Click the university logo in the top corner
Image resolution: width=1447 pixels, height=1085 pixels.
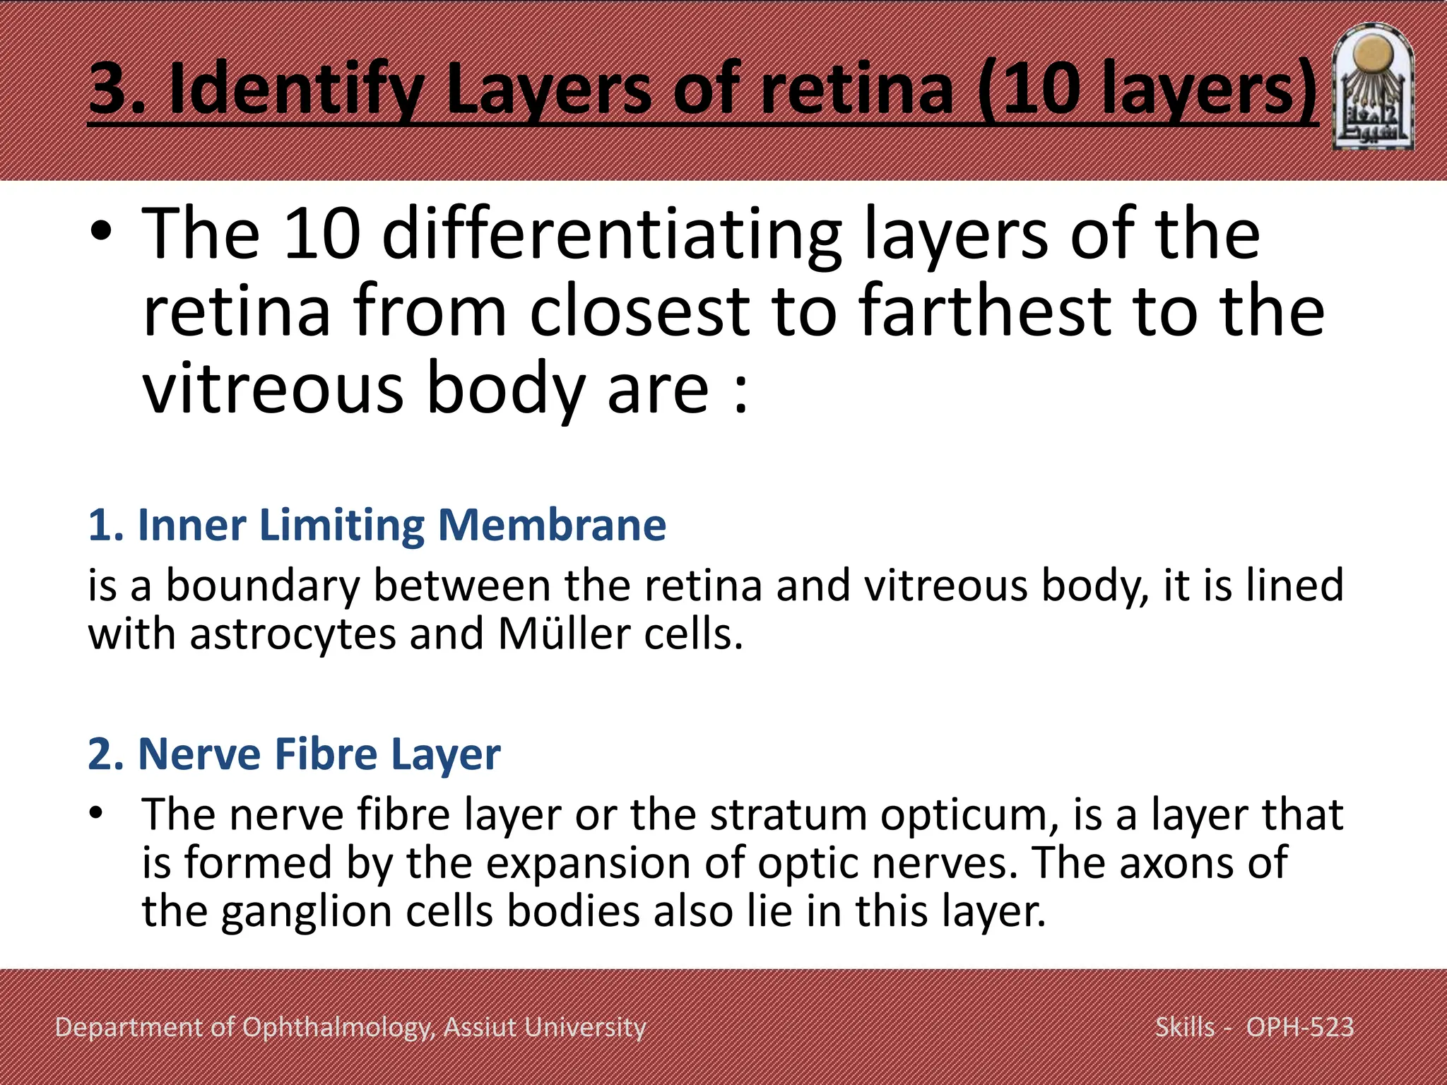coord(1373,88)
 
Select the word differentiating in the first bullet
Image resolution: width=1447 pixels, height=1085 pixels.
coord(612,235)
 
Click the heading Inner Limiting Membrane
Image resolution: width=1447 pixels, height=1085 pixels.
coord(377,526)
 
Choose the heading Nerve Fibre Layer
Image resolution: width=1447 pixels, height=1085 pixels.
coord(294,754)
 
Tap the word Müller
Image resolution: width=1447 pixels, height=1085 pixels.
coord(564,634)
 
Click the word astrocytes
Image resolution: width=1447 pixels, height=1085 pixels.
coord(293,634)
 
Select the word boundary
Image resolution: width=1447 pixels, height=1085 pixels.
coord(262,586)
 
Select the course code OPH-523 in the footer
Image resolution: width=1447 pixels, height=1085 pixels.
coord(1299,1027)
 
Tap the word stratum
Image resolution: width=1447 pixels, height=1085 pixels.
coord(788,815)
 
